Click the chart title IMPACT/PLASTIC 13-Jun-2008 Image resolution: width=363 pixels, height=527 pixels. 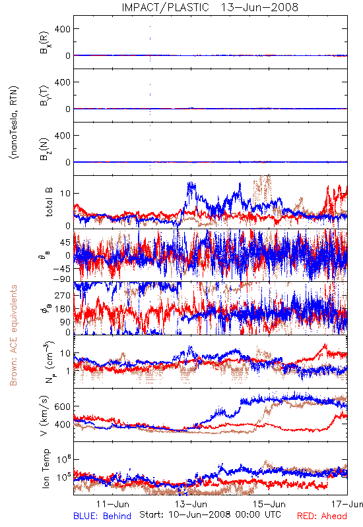(210, 7)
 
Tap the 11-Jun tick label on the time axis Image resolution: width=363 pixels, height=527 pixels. (112, 504)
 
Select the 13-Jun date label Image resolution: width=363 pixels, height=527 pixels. (191, 504)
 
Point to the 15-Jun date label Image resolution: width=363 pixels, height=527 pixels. (269, 504)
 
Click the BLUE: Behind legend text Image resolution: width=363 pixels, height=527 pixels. (102, 516)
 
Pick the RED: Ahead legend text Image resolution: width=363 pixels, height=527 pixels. (321, 516)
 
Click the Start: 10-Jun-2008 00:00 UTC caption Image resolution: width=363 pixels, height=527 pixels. (210, 514)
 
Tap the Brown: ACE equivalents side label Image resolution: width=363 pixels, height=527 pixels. (13, 335)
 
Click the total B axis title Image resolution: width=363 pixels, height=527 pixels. (49, 202)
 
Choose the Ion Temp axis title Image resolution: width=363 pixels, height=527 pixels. (46, 468)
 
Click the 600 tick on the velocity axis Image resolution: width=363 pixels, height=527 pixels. (63, 406)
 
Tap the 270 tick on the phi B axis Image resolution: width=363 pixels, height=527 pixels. (63, 295)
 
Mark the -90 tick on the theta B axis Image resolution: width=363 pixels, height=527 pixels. (61, 279)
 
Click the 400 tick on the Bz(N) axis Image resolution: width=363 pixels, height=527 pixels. (63, 136)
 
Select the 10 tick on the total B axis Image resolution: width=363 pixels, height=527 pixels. (65, 193)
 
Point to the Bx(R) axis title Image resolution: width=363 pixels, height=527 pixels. (44, 42)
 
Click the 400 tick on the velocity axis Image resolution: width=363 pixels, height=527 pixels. (63, 424)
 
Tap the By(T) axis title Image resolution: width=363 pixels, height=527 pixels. (44, 96)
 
